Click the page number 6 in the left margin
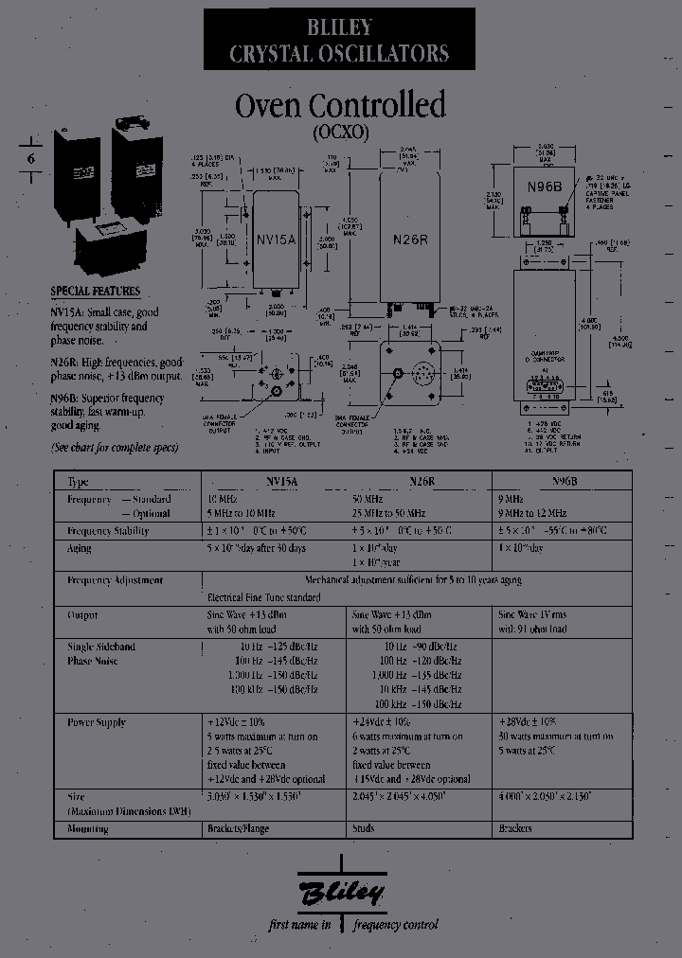29,159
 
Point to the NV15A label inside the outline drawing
277,240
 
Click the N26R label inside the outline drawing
410,239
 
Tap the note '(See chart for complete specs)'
114,447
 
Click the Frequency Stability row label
108,531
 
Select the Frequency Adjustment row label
115,580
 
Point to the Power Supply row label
97,722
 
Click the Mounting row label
87,829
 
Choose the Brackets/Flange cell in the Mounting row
238,829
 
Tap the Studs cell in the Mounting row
363,829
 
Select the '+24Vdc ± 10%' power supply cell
388,722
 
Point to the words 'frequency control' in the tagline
396,925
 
